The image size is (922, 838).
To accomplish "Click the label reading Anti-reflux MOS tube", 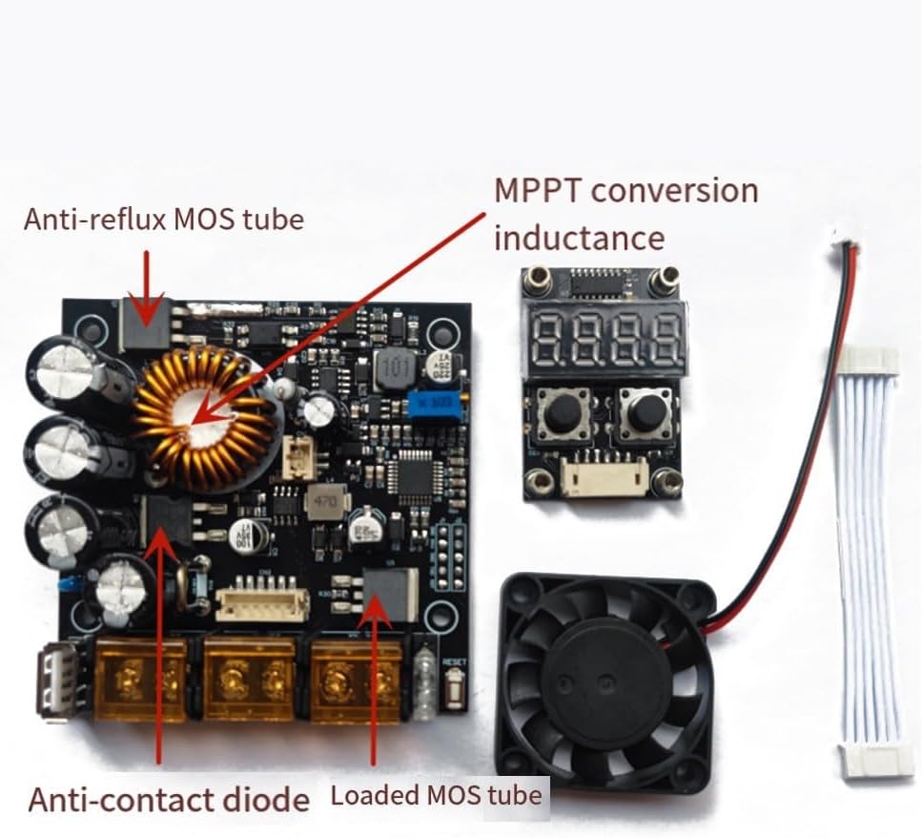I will [163, 220].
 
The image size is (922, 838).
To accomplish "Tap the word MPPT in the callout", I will [537, 190].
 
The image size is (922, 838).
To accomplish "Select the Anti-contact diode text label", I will [169, 799].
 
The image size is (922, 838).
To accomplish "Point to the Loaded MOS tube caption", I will [436, 795].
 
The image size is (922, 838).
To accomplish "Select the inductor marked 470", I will [321, 502].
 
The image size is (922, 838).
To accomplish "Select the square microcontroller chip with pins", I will [417, 474].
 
